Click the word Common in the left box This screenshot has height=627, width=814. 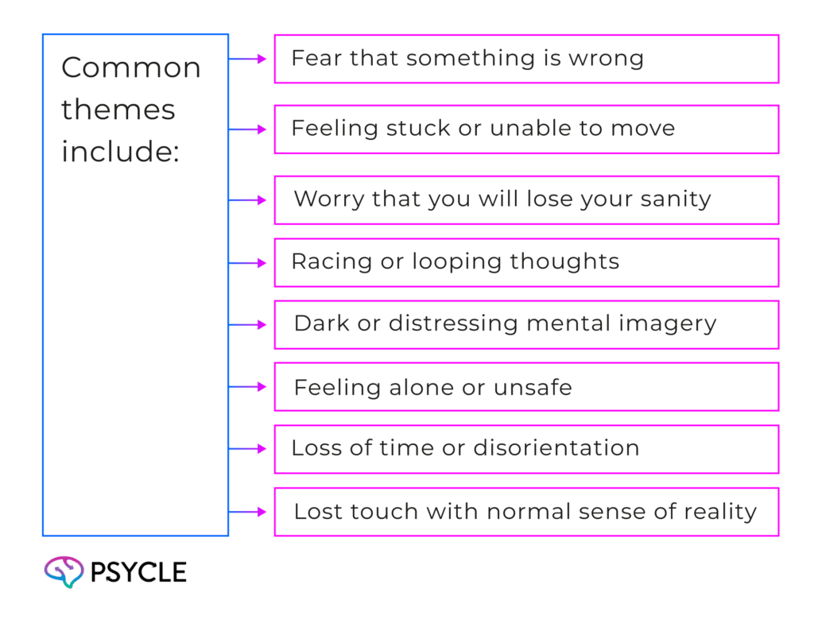click(x=130, y=68)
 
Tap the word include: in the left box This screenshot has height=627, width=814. click(x=119, y=151)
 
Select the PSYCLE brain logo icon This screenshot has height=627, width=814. click(x=64, y=571)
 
